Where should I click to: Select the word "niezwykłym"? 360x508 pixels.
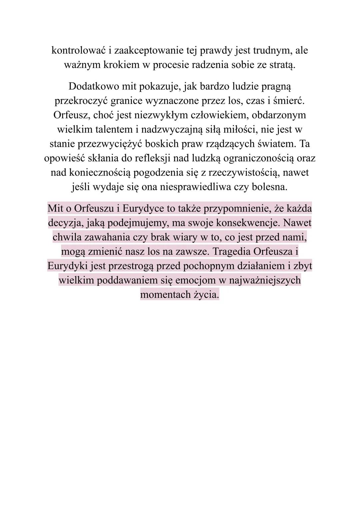coord(161,115)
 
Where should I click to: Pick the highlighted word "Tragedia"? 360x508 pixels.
coord(231,252)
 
